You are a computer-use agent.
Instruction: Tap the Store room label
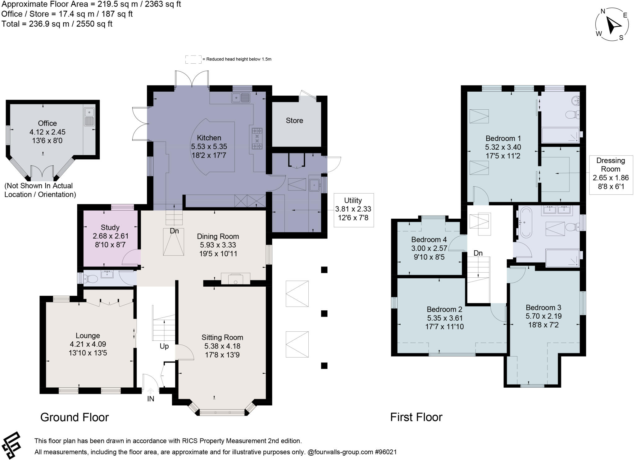[x=294, y=121]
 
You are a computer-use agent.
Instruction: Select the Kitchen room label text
[x=209, y=138]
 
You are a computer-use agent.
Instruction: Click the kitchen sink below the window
[x=241, y=98]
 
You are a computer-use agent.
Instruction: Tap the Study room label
[x=110, y=227]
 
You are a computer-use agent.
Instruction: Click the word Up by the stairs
[x=164, y=346]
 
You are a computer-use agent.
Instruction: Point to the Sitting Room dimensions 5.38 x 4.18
[x=222, y=346]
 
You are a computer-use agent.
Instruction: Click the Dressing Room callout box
[x=611, y=175]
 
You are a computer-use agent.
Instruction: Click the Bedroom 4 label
[x=429, y=239]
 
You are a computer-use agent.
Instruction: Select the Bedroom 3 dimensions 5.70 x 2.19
[x=543, y=316]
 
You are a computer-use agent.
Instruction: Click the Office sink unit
[x=89, y=116]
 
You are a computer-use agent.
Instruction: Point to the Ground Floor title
[x=75, y=417]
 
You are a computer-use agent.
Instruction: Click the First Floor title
[x=416, y=417]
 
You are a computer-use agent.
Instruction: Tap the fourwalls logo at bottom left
[x=11, y=445]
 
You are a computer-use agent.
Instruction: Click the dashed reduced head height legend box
[x=193, y=60]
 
